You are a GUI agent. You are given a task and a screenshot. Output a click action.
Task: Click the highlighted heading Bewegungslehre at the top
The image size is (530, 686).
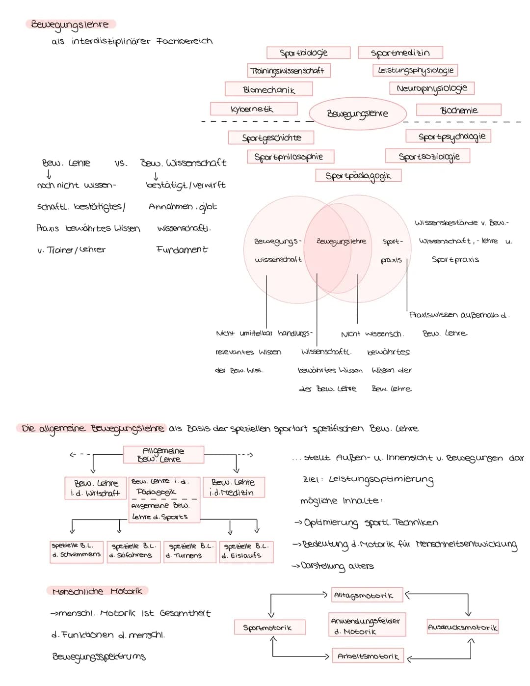tap(70, 24)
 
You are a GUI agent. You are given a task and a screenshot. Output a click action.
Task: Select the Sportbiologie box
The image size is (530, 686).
tap(308, 53)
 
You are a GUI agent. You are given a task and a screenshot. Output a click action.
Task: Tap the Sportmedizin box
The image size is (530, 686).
tap(400, 53)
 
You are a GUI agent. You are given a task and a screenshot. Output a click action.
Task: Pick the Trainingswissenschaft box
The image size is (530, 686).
tap(289, 70)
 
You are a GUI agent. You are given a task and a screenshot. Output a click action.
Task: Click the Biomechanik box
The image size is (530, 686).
tap(268, 89)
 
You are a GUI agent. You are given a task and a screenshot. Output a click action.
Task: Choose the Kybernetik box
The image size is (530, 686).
tap(253, 109)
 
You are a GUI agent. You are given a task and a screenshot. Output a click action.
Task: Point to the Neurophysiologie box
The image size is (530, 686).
tap(432, 88)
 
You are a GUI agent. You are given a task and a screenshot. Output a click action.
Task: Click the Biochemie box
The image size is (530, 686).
tap(458, 110)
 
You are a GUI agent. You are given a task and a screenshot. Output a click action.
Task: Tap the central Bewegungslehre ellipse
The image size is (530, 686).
tap(357, 113)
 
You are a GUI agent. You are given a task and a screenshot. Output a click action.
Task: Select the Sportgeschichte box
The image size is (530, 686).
tap(271, 137)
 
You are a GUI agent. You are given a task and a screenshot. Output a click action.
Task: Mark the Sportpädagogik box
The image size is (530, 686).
tap(358, 175)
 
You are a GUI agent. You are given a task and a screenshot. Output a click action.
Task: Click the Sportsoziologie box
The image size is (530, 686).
tap(428, 156)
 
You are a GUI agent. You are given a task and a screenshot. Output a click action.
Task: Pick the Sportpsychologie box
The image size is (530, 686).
tap(448, 136)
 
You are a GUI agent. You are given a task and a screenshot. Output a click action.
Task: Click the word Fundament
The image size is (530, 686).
tap(182, 249)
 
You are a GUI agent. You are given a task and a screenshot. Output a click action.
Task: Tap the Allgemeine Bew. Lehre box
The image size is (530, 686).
tap(163, 455)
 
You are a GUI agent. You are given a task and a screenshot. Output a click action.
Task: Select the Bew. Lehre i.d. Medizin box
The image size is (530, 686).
tap(233, 488)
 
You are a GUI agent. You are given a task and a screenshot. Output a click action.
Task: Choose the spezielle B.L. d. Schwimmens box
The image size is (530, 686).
tap(76, 550)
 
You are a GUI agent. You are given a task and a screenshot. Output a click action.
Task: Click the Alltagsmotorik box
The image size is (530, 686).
tap(367, 595)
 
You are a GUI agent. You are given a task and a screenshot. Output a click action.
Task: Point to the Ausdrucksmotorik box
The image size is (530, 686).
tap(462, 627)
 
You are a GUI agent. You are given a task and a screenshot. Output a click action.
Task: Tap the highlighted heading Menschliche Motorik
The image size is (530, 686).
tap(97, 591)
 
